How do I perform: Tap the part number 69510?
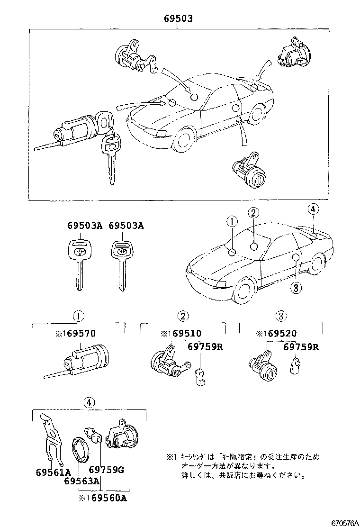(x=187, y=334)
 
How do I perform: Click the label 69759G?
(x=106, y=470)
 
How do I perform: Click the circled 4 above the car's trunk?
(x=313, y=209)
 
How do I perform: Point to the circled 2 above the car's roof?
(x=254, y=214)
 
